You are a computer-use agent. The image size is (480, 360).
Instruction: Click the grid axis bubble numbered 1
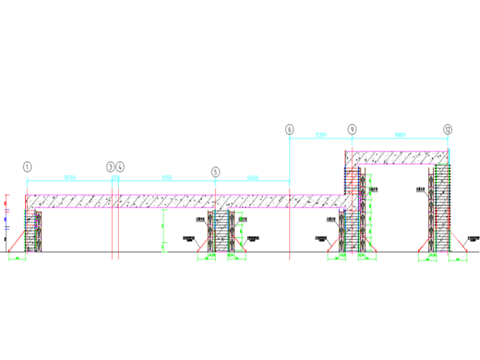pos(27,167)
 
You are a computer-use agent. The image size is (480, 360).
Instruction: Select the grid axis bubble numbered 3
pos(111,167)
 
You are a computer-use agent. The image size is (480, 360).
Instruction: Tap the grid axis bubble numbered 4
pos(120,167)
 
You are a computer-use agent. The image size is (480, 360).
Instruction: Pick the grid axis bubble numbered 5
pos(216,171)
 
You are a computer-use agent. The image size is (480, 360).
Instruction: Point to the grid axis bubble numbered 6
pos(289,129)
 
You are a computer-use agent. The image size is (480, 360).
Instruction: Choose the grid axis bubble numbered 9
pos(352,129)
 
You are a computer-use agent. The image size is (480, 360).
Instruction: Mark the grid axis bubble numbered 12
pos(448,129)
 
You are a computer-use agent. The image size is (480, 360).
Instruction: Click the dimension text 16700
pos(69,179)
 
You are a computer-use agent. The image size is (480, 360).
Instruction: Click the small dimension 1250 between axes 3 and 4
pos(116,179)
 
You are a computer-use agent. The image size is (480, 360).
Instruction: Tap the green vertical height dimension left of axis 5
pos(162,234)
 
